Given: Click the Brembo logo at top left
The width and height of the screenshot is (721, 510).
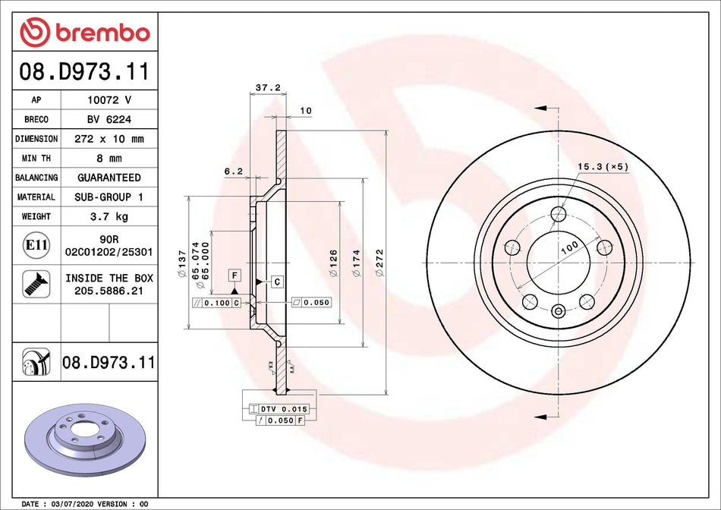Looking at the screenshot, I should [85, 33].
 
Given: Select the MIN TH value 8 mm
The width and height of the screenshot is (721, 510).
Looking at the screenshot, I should [109, 159].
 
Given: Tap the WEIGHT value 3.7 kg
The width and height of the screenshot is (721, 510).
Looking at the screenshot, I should [109, 216].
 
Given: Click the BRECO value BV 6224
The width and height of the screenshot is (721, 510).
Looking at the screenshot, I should [109, 119].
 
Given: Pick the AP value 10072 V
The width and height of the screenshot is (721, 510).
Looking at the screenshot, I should [109, 99].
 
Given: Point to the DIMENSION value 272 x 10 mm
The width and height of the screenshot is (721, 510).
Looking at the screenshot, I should [109, 139].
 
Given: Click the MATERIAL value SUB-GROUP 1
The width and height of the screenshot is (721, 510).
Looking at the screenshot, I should [109, 197].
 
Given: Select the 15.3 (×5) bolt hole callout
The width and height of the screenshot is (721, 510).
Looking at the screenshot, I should [603, 166].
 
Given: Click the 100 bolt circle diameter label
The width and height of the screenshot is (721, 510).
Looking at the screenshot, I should [569, 246].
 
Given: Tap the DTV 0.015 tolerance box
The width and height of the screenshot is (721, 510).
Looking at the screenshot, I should [279, 409].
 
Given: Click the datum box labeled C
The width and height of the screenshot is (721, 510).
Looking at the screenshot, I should [277, 282].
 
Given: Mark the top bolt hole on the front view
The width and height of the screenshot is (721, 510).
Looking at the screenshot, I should [559, 213].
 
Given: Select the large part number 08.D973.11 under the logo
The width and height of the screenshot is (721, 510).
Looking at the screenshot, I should [83, 73].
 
